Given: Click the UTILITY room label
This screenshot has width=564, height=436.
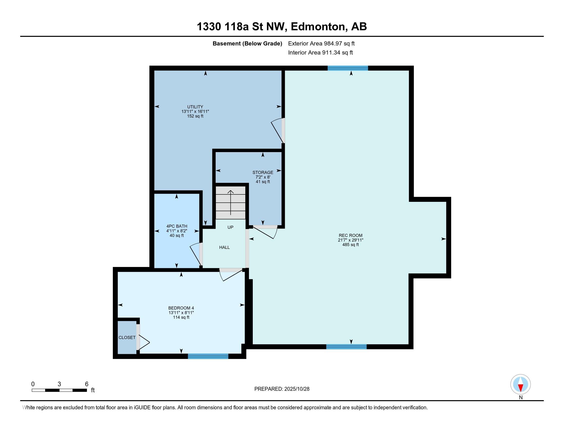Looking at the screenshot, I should (195, 107).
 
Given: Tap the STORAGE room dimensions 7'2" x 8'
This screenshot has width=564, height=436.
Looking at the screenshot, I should (263, 177).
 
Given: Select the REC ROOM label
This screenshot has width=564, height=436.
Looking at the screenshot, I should (350, 235).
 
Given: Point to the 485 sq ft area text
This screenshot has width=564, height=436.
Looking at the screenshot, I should (350, 245).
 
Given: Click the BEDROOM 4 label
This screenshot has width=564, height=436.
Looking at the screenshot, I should (181, 308).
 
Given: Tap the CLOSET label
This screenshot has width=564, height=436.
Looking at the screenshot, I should (127, 337).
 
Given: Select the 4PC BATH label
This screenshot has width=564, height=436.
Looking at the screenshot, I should (177, 226).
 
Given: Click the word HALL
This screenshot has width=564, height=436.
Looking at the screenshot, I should (224, 247).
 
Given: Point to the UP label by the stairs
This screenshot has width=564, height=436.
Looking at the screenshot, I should (230, 227).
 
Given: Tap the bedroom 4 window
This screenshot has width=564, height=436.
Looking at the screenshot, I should (208, 356).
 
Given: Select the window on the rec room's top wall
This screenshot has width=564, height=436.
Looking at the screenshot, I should (348, 68).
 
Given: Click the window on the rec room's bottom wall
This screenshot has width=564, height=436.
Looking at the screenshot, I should (346, 347).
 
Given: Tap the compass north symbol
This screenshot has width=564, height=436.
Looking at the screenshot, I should (520, 384).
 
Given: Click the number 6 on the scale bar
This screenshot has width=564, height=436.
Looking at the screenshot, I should (87, 384).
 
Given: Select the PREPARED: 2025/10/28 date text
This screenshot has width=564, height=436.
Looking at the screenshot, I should (282, 389).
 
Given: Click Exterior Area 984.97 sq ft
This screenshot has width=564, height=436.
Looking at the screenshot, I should (321, 43).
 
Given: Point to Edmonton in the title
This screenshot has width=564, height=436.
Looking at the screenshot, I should (318, 27).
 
